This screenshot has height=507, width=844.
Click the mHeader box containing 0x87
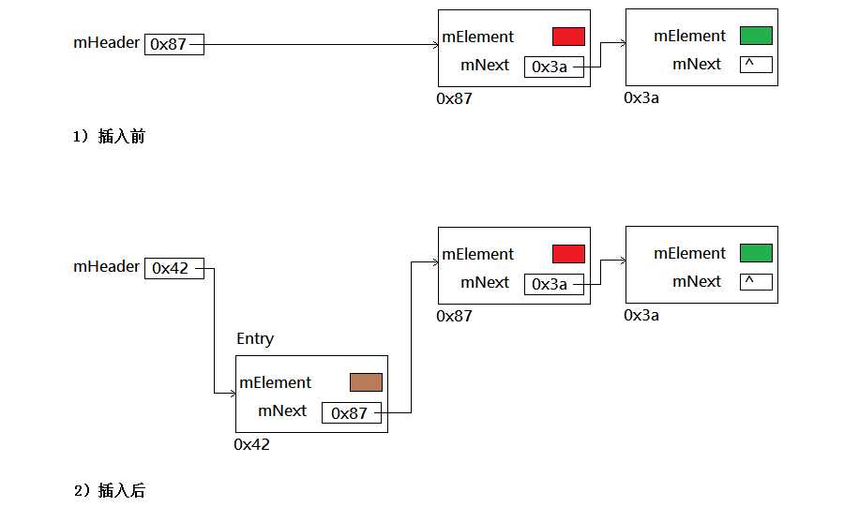pos(173,44)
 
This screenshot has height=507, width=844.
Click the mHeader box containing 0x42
pos(173,268)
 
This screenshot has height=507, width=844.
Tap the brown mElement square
pos(366,382)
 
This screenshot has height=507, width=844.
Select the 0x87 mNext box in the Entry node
pos(352,412)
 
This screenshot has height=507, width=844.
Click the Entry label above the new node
pos(255,338)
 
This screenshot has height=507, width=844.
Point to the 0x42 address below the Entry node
pos(251,444)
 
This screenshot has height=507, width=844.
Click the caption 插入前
pos(121,137)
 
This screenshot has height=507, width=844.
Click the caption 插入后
pos(121,490)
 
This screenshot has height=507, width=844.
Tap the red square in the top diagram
pos(568,37)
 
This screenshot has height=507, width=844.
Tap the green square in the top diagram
pos(756,36)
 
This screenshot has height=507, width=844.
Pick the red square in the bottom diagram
pos(568,254)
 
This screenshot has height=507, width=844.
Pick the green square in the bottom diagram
pos(756,253)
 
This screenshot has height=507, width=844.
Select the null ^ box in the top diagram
pos(756,65)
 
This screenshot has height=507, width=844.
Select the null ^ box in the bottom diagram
pos(756,282)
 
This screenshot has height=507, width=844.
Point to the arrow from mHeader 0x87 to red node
pos(319,44)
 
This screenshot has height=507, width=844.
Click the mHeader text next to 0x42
pos(106,267)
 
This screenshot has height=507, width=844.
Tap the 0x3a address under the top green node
pos(641,97)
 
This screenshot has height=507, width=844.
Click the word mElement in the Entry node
pos(276,382)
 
